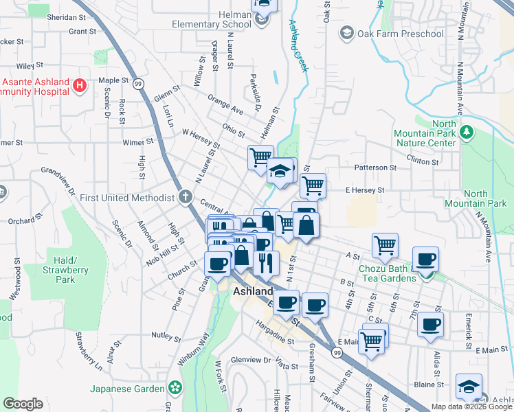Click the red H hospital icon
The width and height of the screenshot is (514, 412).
tap(80, 86)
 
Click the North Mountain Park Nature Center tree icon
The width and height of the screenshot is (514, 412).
tap(467, 130)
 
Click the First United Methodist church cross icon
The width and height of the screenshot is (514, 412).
tap(184, 198)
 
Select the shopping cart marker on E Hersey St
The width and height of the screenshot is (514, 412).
tap(313, 185)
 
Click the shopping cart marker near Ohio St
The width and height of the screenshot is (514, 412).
tap(260, 157)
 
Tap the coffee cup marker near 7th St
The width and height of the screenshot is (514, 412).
tap(425, 259)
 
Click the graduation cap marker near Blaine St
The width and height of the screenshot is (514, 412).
tap(469, 387)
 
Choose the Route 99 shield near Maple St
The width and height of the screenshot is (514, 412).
tap(138, 83)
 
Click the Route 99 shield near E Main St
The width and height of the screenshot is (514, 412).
tap(336, 352)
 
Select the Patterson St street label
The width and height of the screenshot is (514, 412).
tap(375, 167)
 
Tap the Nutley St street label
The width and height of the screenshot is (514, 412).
tap(166, 336)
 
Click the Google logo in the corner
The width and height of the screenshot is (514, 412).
tap(23, 403)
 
